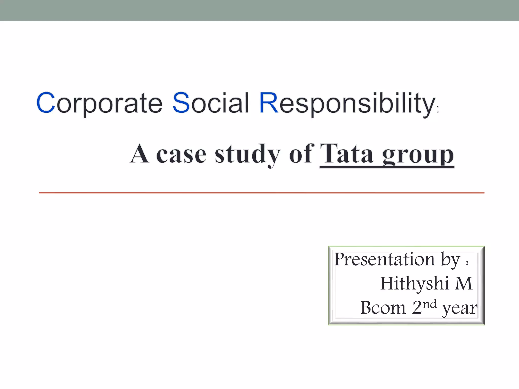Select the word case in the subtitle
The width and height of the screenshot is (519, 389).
click(x=181, y=154)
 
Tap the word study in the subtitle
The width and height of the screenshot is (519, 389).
click(x=247, y=154)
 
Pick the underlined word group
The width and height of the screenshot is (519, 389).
click(x=418, y=155)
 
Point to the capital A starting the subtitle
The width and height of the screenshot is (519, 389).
click(x=139, y=153)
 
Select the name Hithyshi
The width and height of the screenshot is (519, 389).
click(x=415, y=283)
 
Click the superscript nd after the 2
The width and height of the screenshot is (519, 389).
click(x=430, y=304)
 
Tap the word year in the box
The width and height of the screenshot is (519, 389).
click(x=459, y=309)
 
